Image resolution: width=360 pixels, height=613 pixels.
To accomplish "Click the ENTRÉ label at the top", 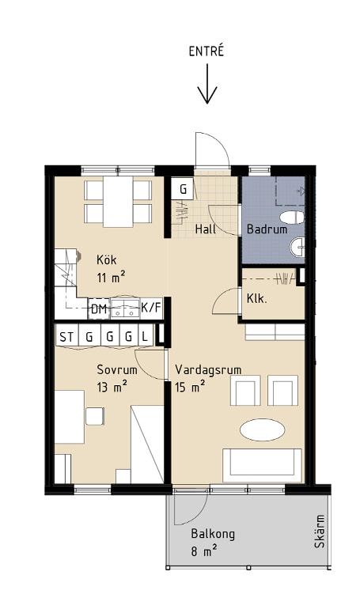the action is click(206, 51).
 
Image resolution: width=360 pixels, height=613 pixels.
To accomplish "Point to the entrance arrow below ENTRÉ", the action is click(207, 84).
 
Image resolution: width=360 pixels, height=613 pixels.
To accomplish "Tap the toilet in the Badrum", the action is click(293, 218).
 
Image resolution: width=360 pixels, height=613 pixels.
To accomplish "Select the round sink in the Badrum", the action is click(297, 247).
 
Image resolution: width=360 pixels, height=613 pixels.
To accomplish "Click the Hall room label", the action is click(206, 229).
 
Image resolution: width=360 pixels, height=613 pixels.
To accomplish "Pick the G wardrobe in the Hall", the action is click(183, 189).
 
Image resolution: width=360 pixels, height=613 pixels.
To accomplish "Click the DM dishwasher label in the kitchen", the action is click(99, 309).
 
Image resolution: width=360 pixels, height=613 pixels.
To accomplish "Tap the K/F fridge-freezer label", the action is click(151, 308).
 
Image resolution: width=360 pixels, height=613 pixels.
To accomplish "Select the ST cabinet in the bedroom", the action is click(66, 337).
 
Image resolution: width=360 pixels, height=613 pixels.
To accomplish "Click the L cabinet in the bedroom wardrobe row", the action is click(145, 337).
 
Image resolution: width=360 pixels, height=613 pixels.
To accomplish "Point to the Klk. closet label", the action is click(256, 299).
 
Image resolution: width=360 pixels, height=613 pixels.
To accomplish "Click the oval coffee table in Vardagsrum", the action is click(262, 430).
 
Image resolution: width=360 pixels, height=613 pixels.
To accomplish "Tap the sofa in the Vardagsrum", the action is click(262, 466).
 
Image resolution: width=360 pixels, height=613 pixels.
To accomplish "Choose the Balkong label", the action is click(213, 534).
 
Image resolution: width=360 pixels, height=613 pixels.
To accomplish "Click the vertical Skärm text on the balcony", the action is click(320, 532).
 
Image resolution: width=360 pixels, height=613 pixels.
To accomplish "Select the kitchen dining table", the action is click(118, 202).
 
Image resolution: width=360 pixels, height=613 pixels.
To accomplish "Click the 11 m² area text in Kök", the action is click(111, 278).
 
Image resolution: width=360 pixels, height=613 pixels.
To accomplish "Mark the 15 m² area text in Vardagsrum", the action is click(191, 388).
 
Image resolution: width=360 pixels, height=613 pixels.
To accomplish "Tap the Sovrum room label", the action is click(117, 370).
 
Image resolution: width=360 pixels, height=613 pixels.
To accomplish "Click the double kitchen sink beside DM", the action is click(125, 308).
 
